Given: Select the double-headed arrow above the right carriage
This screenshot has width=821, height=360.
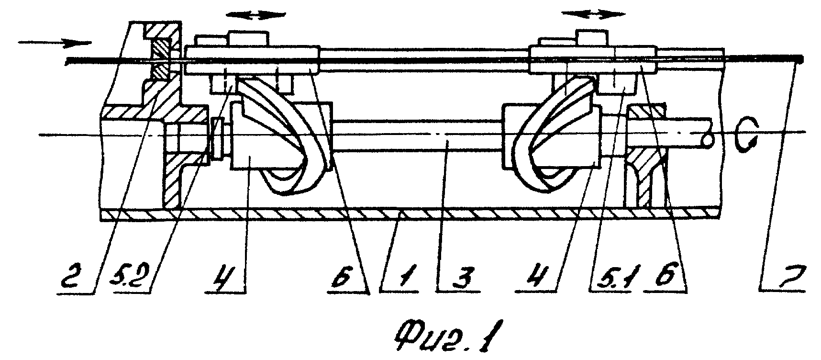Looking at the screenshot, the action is click(593, 14).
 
